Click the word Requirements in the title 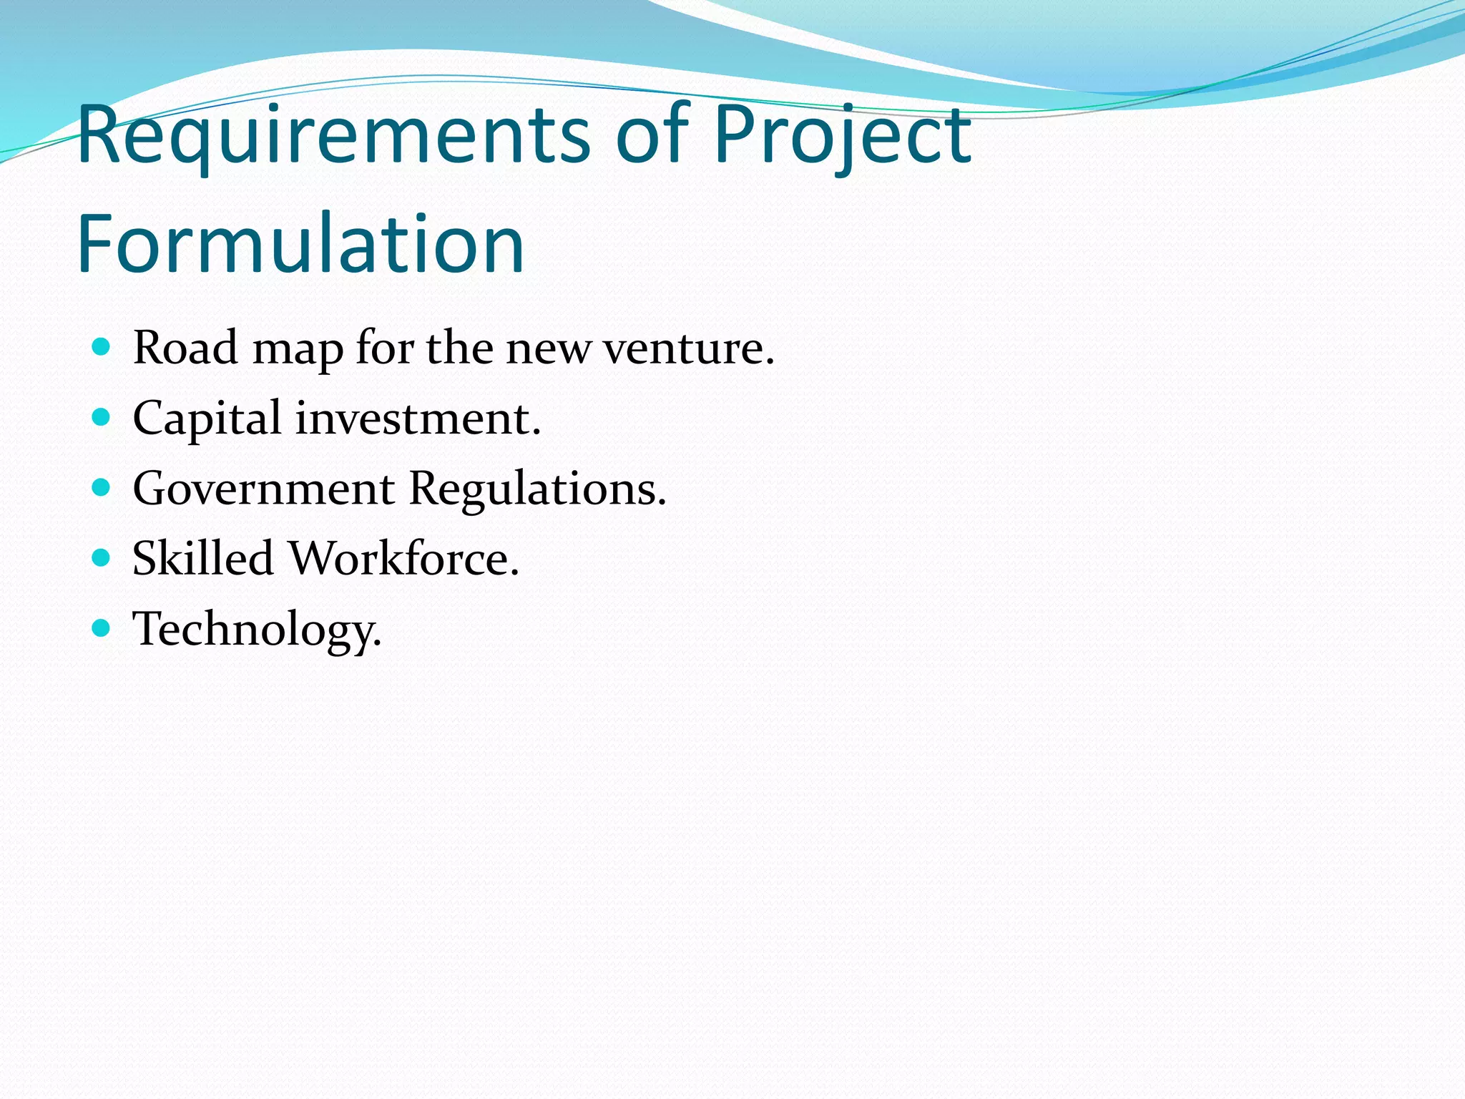[333, 136]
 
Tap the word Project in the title [842, 136]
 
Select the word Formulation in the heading [300, 245]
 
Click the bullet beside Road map [102, 348]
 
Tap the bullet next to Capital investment [102, 417]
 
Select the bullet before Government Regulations [102, 488]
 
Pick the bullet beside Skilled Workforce [102, 557]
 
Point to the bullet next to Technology [102, 628]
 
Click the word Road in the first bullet [185, 348]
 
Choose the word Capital [207, 419]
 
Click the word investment [418, 419]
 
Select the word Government [263, 489]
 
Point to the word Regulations [537, 490]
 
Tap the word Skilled [202, 558]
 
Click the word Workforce [403, 558]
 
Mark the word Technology [256, 630]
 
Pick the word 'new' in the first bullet [549, 348]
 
